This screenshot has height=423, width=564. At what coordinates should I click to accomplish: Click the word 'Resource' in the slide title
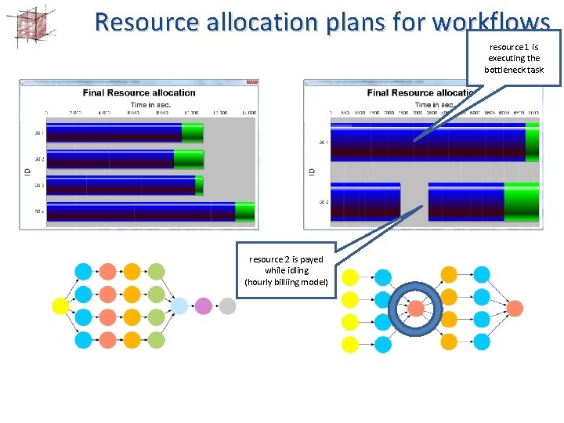click(146, 21)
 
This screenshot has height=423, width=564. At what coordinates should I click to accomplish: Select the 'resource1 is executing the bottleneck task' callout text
click(514, 58)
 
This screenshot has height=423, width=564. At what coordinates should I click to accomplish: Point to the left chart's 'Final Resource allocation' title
click(139, 93)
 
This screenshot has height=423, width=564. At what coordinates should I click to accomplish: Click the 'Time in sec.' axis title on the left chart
click(151, 104)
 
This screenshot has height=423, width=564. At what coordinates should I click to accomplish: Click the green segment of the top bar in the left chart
click(192, 132)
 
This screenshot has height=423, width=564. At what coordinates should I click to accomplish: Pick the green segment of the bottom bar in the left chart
click(244, 212)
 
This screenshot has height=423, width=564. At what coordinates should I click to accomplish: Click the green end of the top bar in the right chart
click(532, 142)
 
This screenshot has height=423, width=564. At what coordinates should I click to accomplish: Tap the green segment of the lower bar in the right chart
click(521, 202)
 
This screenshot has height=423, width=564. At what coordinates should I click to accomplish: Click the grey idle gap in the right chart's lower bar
click(414, 202)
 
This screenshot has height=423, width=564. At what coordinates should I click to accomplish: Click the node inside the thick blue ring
click(416, 308)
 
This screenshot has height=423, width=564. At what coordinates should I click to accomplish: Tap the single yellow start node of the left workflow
click(60, 306)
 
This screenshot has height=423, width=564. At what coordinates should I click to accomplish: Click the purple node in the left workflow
click(204, 306)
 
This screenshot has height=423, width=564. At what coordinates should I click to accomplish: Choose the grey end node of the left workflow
click(227, 306)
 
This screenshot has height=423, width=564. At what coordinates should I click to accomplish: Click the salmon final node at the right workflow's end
click(515, 308)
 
